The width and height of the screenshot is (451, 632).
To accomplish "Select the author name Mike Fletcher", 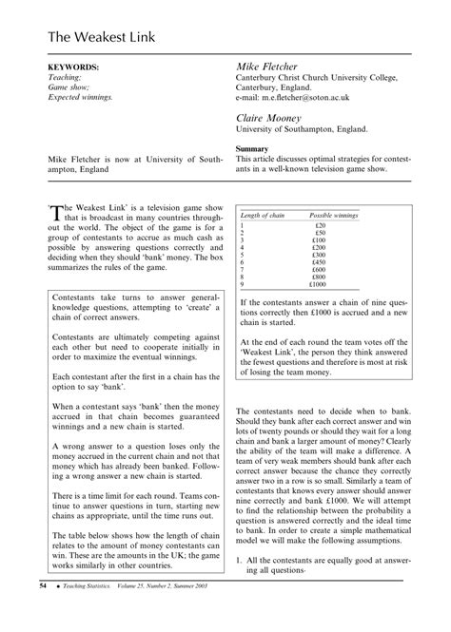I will point(272,69).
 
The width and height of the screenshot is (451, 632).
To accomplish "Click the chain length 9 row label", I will point(243,284).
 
